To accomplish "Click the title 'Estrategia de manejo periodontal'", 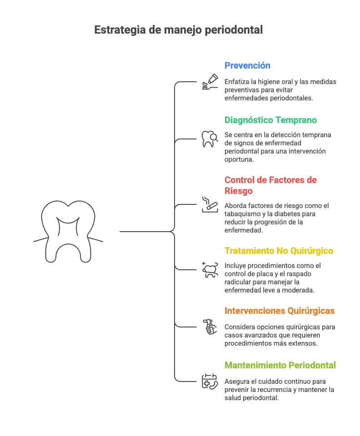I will point(179,30).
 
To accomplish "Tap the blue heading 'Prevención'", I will point(247,65).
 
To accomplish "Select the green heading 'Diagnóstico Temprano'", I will point(270,120).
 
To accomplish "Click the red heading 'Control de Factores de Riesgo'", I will point(270,185).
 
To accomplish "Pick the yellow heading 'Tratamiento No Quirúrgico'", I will point(279,251).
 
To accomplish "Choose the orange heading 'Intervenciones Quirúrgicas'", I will point(279,311).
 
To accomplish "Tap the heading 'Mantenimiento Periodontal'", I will point(280,365).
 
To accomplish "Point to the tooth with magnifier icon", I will point(210,139).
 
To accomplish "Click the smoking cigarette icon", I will point(210,204).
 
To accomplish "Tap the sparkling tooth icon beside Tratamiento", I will point(210,269).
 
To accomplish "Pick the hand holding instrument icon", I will point(210,327).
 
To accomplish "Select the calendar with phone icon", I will point(210,381).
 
